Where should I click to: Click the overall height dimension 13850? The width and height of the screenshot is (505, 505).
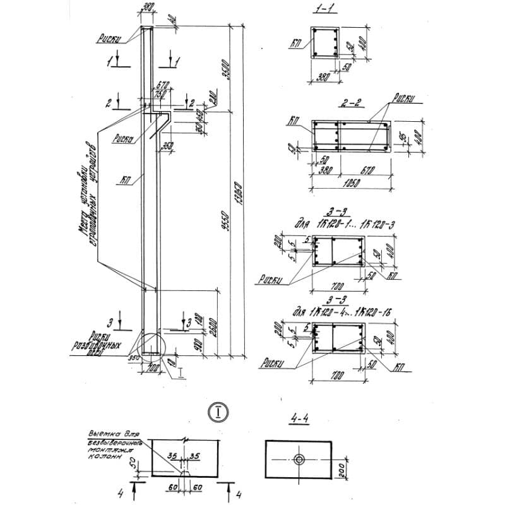[239, 189]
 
